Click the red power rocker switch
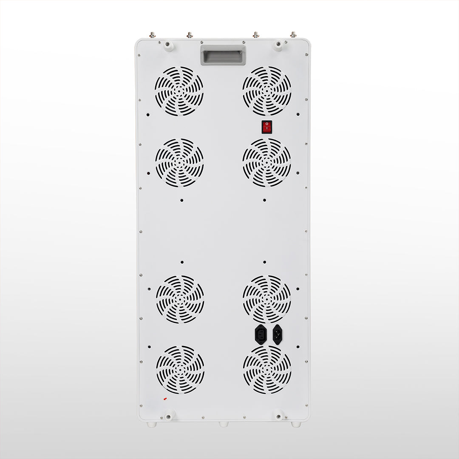coord(266,127)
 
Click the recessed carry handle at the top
coord(223,56)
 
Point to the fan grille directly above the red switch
coord(267,91)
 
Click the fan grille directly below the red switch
coord(267,162)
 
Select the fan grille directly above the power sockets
coord(267,299)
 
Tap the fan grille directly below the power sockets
coord(267,370)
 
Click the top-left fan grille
coord(179,91)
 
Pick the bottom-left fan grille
coord(180,369)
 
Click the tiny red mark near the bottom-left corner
coord(165,399)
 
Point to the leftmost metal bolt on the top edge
coord(152,35)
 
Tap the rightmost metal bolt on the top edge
coord(293,34)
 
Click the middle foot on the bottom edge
coord(224,424)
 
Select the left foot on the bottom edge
coord(152,424)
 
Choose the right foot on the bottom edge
coord(295,424)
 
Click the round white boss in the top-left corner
coord(169,45)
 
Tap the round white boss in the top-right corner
coord(278,45)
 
